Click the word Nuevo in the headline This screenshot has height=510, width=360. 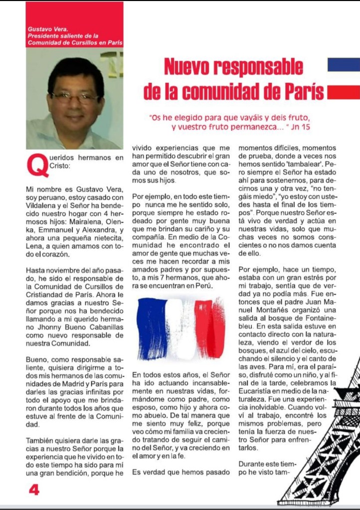coord(194,67)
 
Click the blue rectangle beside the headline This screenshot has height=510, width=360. coord(344,65)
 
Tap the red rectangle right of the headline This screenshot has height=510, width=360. coord(344,92)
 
